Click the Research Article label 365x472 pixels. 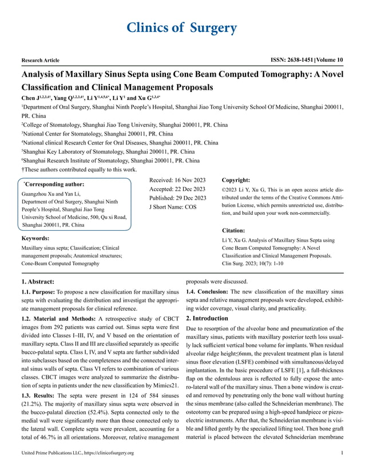point(41,59)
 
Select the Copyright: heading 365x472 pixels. point(235,179)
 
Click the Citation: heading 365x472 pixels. point(233,230)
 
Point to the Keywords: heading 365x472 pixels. point(35,238)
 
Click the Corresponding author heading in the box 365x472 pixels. point(54,185)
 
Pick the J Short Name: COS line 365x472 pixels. point(172,207)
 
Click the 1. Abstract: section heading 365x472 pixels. point(38,281)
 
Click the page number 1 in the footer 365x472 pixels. point(342,453)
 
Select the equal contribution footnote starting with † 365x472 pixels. point(79,169)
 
